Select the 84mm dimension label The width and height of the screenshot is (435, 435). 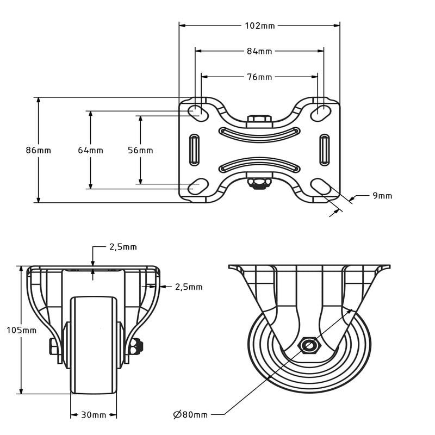[x=259, y=51]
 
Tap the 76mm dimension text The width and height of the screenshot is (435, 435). [x=259, y=77]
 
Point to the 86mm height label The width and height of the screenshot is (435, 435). [x=39, y=151]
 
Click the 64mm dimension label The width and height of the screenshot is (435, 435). [x=90, y=151]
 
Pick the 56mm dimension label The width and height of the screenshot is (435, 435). [x=140, y=151]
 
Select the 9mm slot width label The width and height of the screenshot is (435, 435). [x=382, y=196]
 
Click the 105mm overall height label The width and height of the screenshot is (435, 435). [x=21, y=330]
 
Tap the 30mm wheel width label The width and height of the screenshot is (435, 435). [x=94, y=415]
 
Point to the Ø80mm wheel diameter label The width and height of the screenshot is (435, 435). [x=191, y=415]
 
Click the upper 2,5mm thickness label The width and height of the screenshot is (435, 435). [x=123, y=247]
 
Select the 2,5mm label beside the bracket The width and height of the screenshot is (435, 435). [x=189, y=287]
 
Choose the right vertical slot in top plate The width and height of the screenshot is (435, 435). [x=325, y=149]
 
